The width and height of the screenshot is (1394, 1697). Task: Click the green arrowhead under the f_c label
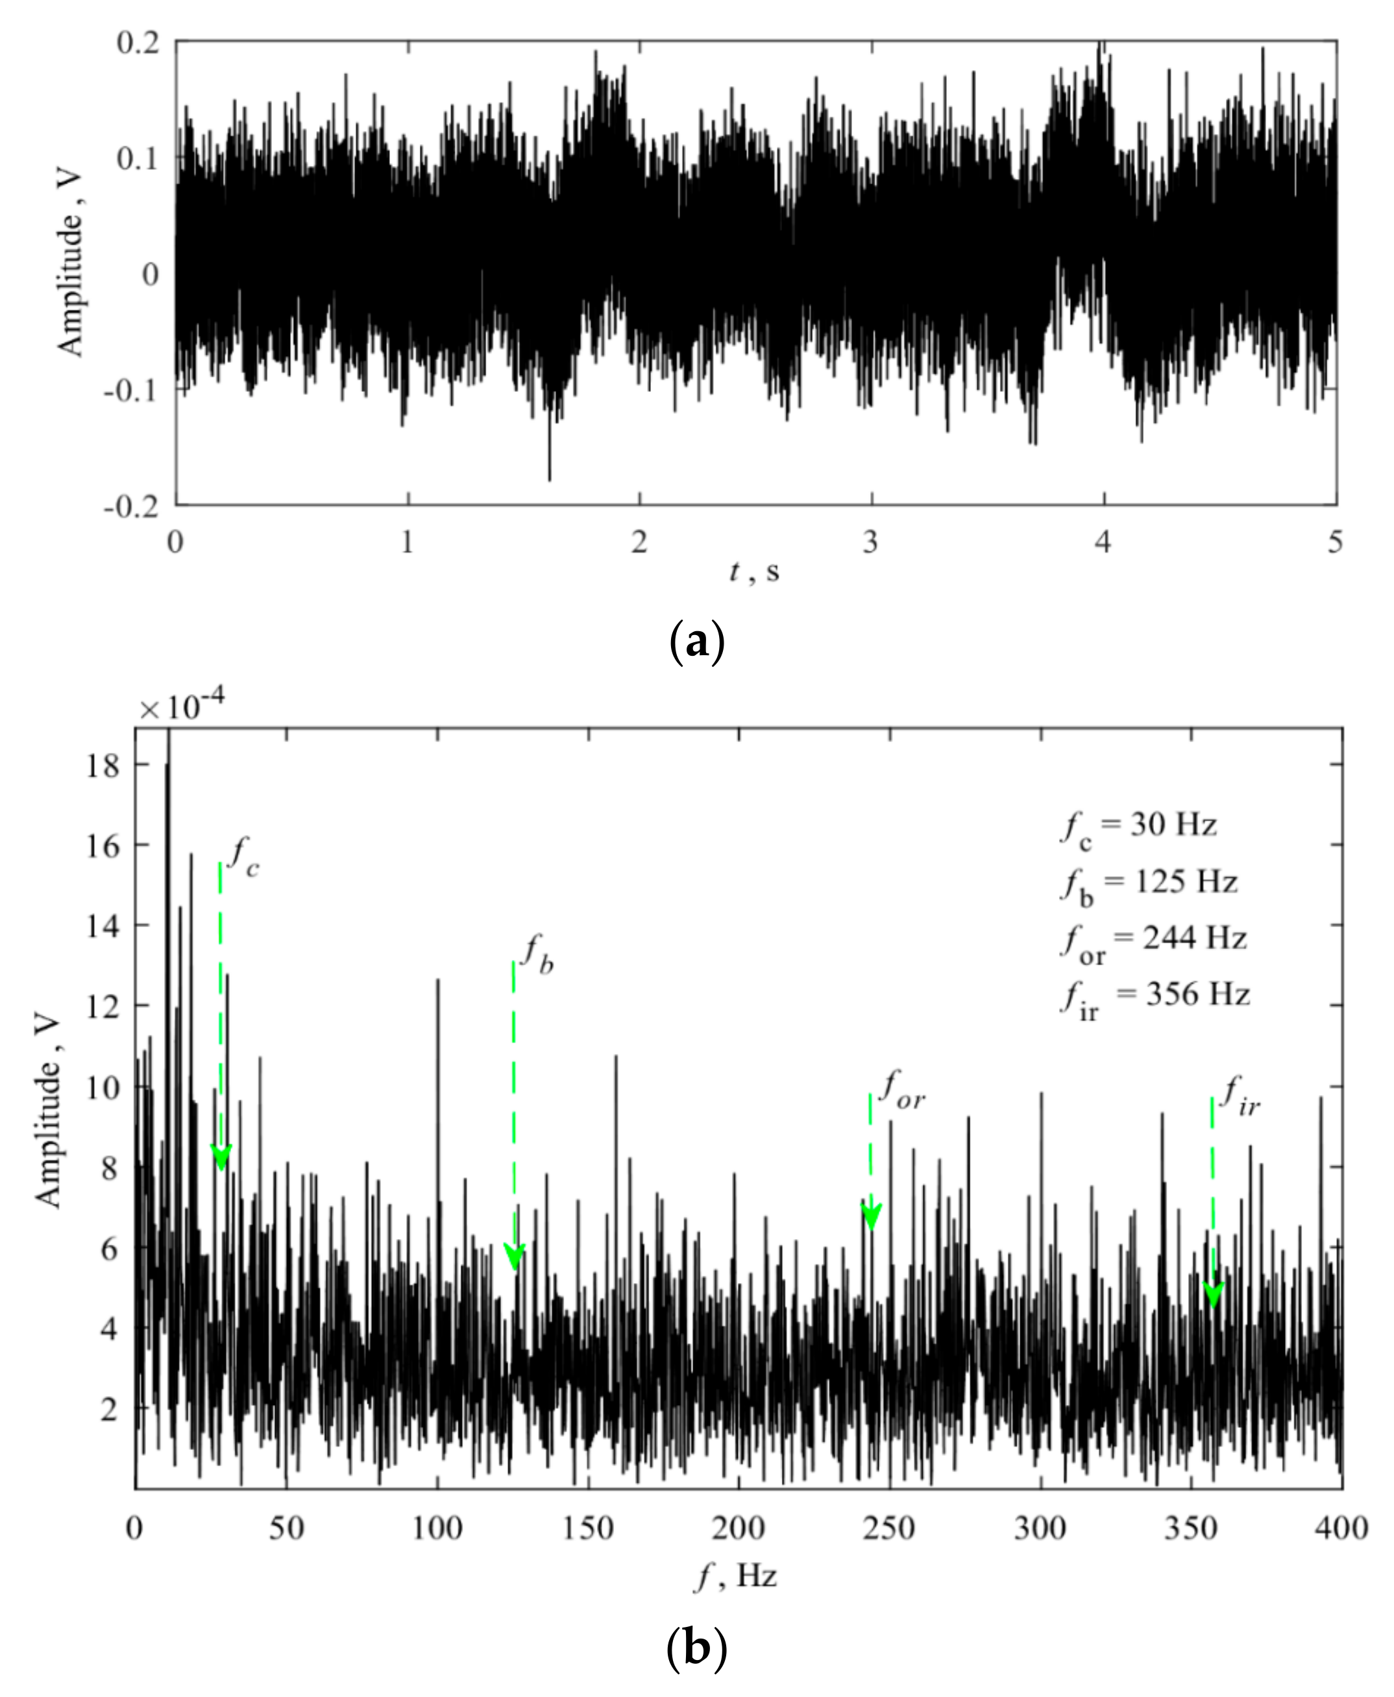(x=221, y=1159)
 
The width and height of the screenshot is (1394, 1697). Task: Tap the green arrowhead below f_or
(x=871, y=1217)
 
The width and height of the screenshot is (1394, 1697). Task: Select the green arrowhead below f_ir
(x=1212, y=1294)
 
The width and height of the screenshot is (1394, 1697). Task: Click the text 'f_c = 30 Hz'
(x=1139, y=828)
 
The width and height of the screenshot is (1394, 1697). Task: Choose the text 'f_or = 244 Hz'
(x=1153, y=940)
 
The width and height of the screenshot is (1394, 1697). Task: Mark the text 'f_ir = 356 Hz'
(x=1155, y=997)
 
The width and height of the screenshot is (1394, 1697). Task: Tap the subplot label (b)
(x=696, y=1646)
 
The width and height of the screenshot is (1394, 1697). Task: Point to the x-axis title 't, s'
(x=754, y=572)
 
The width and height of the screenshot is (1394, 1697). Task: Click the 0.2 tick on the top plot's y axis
(x=138, y=42)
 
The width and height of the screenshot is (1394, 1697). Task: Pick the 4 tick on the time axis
(x=1103, y=543)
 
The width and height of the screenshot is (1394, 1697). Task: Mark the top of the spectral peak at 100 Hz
(x=437, y=980)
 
